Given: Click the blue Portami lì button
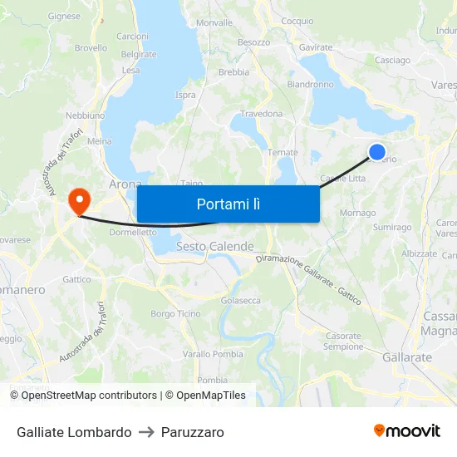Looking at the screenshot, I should pos(228,204).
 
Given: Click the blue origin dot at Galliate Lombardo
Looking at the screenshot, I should pos(376,151).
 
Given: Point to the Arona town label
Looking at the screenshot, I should pos(125,184).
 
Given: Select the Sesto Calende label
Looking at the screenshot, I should pos(215,247).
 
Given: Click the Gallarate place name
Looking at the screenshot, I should pos(407,357).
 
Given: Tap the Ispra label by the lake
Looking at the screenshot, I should pos(185,95).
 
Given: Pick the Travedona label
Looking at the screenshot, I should pos(261,114).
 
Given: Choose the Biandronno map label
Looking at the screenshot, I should pos(310,85).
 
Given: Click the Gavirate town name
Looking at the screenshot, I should pos(316,48).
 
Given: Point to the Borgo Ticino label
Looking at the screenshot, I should pos(175,314).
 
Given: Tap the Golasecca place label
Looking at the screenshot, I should pos(241,301).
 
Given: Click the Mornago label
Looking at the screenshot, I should pos(358,214).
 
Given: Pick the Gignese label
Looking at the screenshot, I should pos(65,16).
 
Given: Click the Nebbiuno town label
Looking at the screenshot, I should pos(85,115).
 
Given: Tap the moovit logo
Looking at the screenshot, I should pos(407,431).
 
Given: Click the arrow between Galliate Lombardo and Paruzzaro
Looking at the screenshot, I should pos(146,432).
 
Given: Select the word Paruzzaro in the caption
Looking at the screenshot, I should pos(192,432).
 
